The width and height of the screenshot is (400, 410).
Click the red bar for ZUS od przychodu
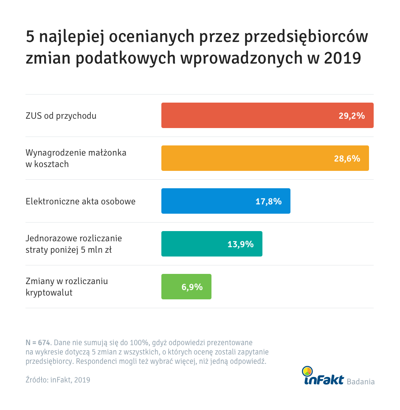click(x=246, y=115)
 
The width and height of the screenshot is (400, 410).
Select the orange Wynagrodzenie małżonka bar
click(x=244, y=158)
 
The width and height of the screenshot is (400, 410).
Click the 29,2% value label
click(x=352, y=115)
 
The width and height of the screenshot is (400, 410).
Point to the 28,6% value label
click(x=347, y=158)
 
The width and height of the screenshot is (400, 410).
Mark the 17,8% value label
click(x=268, y=201)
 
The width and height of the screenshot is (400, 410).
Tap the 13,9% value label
click(x=240, y=244)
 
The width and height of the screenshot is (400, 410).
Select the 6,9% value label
click(x=192, y=287)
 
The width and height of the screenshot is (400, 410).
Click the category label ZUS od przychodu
click(x=61, y=116)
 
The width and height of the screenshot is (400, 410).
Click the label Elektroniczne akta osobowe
click(x=81, y=201)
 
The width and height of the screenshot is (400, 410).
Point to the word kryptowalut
click(x=49, y=292)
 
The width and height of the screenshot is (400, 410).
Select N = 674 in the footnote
click(x=38, y=342)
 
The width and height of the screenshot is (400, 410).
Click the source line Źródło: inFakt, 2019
click(x=58, y=380)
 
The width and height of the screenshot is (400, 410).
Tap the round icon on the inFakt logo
click(x=307, y=371)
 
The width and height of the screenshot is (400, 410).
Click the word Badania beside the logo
click(x=361, y=381)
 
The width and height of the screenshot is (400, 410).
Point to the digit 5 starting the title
click(x=30, y=37)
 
